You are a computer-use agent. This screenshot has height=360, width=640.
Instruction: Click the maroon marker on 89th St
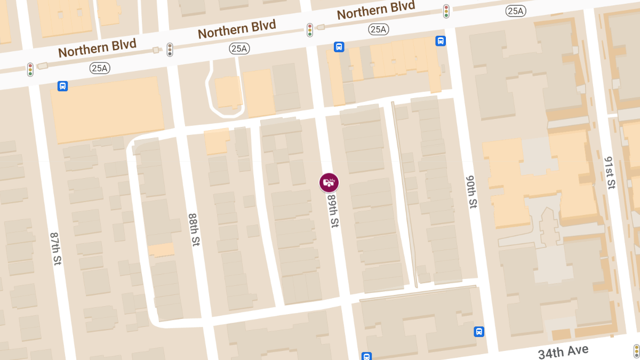point(329,182)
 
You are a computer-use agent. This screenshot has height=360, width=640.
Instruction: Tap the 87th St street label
point(55,249)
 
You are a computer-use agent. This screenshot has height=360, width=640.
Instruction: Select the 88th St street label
point(194,230)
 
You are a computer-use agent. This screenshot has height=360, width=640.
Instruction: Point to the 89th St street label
point(333,211)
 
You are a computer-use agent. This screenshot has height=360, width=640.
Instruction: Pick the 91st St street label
point(610,173)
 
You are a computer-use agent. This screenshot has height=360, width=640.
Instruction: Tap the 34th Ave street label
point(563,352)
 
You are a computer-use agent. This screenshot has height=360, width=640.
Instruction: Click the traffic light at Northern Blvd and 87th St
point(30,69)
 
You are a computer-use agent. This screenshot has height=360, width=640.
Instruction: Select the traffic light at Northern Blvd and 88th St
point(170,50)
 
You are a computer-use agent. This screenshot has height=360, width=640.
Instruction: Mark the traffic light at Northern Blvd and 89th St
point(309,30)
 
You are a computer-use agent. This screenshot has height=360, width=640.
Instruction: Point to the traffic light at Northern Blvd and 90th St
point(446,11)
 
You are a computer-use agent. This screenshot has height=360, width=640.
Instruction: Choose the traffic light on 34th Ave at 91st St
point(636,350)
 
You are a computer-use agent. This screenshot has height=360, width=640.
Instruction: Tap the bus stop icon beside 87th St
point(62,86)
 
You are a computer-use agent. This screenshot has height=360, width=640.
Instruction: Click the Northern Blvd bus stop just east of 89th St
point(339,47)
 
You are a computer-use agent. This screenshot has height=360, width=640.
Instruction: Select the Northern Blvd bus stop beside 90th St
point(441,41)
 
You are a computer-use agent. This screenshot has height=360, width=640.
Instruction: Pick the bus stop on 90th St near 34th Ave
point(479,332)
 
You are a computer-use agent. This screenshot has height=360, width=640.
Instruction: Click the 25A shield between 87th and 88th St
point(100,68)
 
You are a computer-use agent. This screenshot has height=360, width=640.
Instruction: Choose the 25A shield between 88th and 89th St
point(239,49)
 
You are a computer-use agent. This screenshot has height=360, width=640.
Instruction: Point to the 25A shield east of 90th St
point(516,11)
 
